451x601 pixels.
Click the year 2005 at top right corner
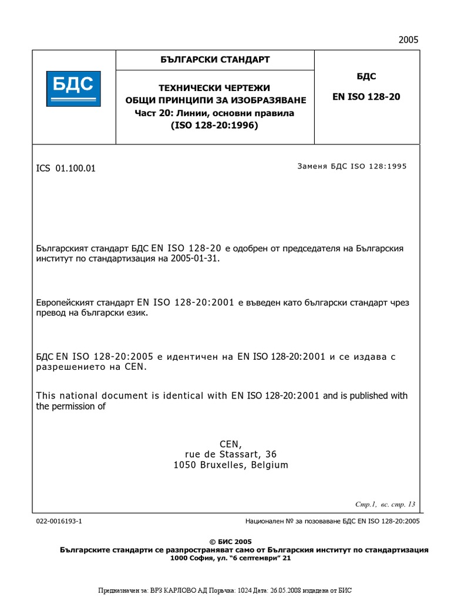[x=408, y=40]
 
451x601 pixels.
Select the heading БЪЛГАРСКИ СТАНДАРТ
[x=215, y=60]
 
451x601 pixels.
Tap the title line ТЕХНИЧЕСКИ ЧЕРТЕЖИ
[x=215, y=88]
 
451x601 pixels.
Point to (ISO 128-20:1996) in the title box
[x=215, y=125]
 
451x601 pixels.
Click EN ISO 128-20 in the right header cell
[x=366, y=97]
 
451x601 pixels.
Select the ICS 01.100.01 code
[x=66, y=168]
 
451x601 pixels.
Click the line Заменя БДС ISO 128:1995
[x=352, y=166]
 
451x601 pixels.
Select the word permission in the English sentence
[x=75, y=406]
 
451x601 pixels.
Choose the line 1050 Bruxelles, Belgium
[x=230, y=465]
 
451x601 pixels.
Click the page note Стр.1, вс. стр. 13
[x=385, y=504]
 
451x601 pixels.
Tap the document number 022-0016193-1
[x=59, y=521]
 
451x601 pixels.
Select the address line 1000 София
[x=230, y=558]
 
